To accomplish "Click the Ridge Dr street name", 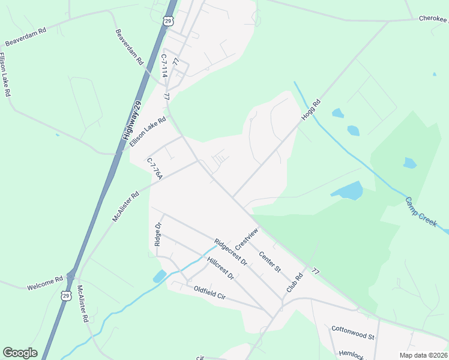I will coord(158,235).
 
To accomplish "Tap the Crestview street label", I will coord(246,239).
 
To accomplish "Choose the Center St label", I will coord(270,262).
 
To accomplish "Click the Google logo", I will coord(20,353).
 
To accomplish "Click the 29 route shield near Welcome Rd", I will coord(65,295).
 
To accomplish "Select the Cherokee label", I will coord(433,19).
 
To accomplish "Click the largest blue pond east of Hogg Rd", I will coord(348,191).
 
